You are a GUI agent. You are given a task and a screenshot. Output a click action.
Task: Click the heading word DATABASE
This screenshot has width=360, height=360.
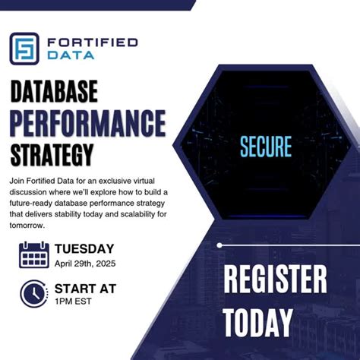click(54, 92)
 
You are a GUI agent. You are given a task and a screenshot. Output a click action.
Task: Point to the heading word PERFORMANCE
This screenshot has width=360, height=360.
click(88, 122)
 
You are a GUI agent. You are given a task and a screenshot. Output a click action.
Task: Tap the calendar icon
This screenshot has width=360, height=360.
click(33, 254)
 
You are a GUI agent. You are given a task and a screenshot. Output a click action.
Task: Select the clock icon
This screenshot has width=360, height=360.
click(33, 294)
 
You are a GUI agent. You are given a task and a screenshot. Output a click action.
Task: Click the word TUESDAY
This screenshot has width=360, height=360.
click(84, 248)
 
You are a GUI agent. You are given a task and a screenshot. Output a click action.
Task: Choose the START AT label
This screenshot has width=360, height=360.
click(85, 288)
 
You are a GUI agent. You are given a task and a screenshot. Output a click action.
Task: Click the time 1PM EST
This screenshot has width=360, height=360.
click(73, 302)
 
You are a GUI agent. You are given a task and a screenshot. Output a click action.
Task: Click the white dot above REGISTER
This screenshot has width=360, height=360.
click(219, 245)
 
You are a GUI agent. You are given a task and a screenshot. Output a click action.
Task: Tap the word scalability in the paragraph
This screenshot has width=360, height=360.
click(150, 215)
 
